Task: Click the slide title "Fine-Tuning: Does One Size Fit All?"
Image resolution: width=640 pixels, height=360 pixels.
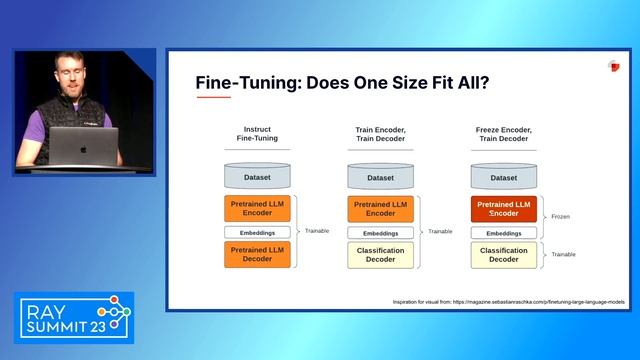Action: tap(342, 82)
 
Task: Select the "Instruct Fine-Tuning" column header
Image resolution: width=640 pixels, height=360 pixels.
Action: tap(257, 135)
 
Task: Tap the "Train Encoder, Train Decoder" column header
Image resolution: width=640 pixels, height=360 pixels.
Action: tap(380, 135)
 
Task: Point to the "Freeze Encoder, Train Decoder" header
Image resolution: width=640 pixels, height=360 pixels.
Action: tap(503, 135)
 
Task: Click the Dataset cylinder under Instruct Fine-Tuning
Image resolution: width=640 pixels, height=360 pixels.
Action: tap(257, 177)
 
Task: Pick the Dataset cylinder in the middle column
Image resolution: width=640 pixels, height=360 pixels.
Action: tap(380, 177)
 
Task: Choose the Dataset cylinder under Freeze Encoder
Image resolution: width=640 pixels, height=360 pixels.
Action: tap(503, 177)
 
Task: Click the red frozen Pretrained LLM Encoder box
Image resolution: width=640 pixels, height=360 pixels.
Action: tap(503, 209)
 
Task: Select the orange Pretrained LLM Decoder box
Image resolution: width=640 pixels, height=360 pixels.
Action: tap(257, 254)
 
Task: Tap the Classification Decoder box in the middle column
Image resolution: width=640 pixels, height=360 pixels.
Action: tap(380, 254)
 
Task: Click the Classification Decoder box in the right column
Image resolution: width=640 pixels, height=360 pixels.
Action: tap(503, 254)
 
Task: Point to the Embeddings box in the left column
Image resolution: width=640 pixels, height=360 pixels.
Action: tap(257, 232)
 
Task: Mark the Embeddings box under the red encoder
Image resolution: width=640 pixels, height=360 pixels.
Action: tap(503, 232)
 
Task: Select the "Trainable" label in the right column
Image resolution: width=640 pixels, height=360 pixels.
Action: tap(563, 254)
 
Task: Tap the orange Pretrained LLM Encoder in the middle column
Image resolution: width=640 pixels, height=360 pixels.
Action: tap(380, 209)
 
